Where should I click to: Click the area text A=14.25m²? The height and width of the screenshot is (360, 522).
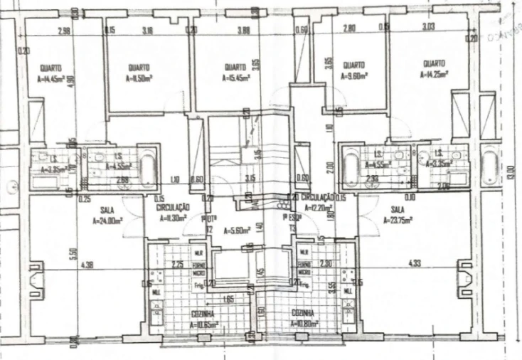tap(435, 73)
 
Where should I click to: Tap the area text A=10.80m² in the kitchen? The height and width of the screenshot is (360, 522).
tap(304, 323)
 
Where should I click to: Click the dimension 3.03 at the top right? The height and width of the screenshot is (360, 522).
tap(427, 28)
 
